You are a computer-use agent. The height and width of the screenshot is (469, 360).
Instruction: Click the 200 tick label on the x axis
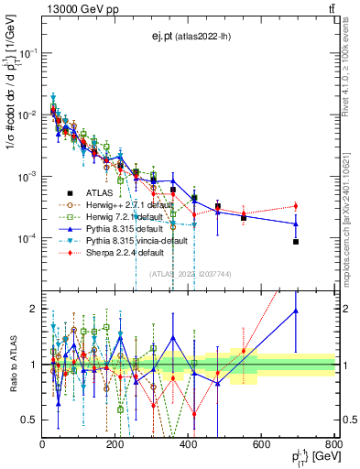[115, 445]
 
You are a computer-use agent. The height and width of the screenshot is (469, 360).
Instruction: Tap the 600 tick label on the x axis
[262, 445]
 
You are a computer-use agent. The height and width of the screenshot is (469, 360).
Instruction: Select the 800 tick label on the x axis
[334, 445]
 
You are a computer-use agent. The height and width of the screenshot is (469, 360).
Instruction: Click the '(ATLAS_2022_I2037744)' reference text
[188, 274]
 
